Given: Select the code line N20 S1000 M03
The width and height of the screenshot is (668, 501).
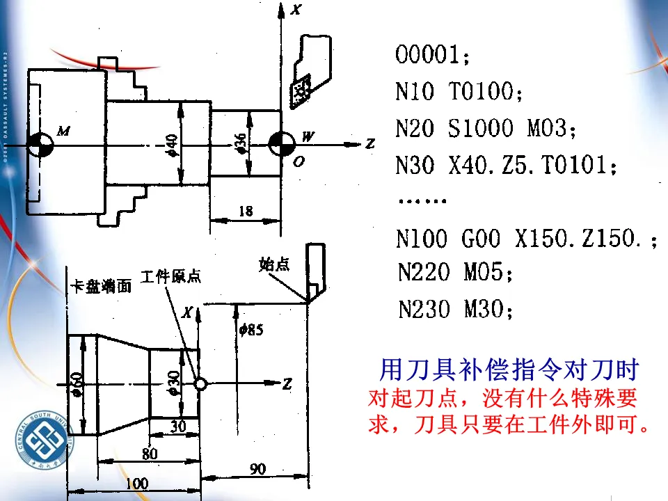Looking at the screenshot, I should [x=486, y=129].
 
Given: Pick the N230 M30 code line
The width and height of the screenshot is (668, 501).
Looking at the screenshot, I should [x=455, y=309].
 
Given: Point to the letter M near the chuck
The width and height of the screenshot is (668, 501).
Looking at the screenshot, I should [x=63, y=131].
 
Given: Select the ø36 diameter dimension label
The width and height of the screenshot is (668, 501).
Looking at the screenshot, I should [x=241, y=142].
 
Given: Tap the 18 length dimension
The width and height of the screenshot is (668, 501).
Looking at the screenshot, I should [x=246, y=212].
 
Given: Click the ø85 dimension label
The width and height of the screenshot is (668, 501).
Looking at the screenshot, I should [x=250, y=330].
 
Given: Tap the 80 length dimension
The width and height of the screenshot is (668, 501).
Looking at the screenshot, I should [x=149, y=454].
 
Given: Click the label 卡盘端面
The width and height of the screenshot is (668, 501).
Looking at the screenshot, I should [x=100, y=287].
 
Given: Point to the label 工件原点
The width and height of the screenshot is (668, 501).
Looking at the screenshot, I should [x=170, y=276].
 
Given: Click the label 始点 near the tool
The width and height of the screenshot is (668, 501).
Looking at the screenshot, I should [x=273, y=264].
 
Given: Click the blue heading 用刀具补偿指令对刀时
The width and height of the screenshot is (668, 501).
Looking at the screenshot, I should [x=509, y=369].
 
